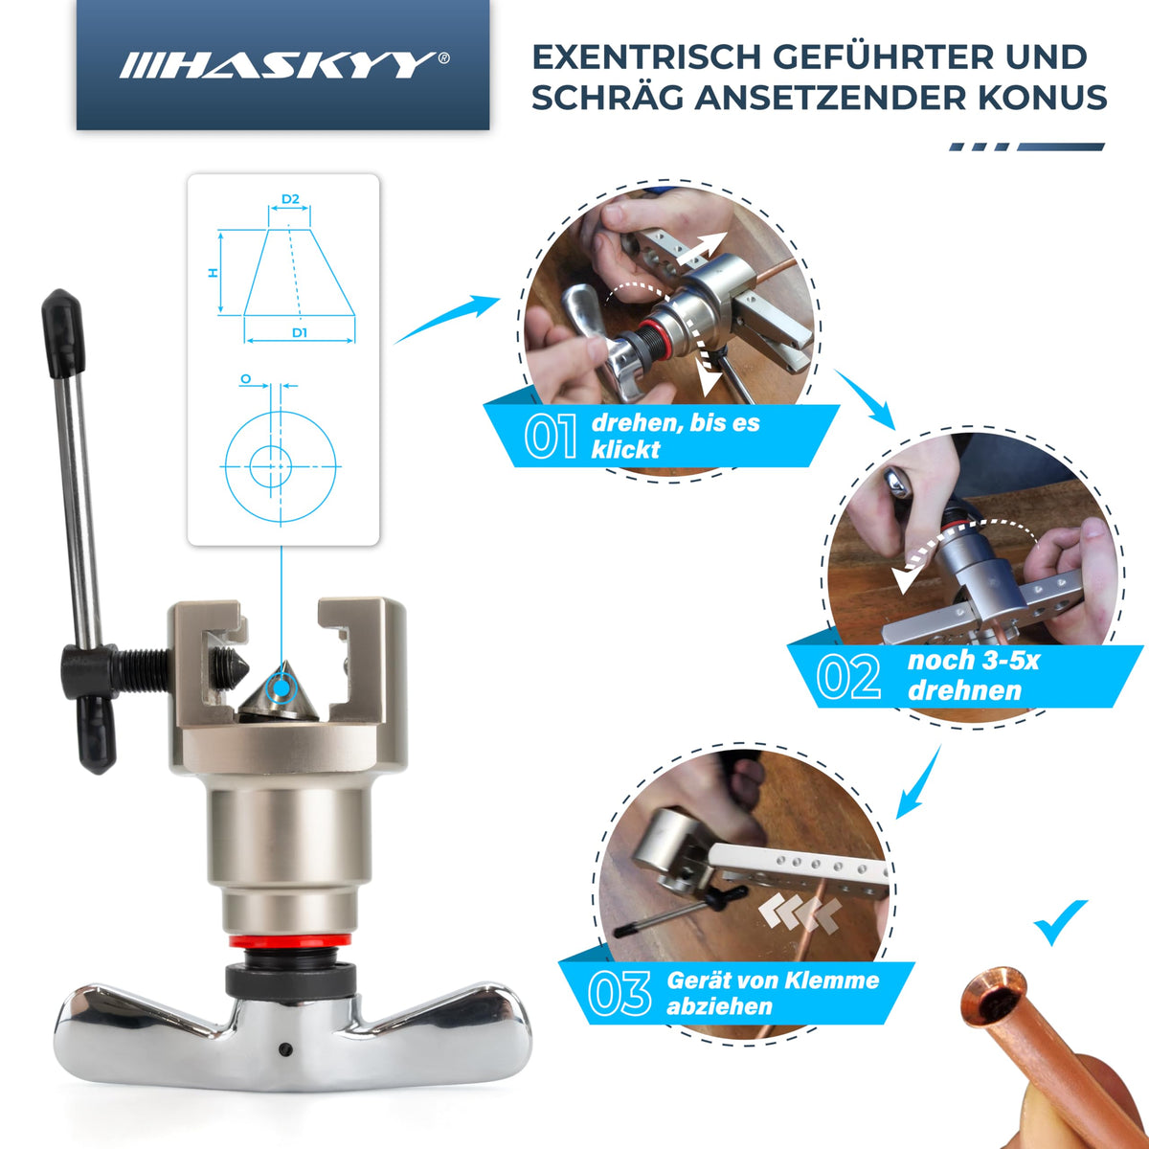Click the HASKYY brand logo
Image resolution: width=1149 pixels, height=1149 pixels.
tap(284, 65)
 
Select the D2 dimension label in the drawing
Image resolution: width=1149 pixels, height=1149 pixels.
tap(290, 198)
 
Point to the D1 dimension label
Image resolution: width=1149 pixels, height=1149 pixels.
tap(300, 332)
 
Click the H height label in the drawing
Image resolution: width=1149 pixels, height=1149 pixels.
tap(213, 273)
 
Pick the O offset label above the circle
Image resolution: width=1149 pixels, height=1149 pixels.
tap(246, 378)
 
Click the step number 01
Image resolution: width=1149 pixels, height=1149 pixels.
tap(551, 436)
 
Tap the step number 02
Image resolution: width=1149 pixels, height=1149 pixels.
tap(848, 677)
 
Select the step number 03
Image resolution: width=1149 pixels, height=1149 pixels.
tap(620, 993)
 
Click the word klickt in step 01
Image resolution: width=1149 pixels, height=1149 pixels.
tap(625, 449)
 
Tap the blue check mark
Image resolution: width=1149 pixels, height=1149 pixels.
tap(1060, 922)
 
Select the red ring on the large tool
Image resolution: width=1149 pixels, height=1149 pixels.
tap(290, 941)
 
